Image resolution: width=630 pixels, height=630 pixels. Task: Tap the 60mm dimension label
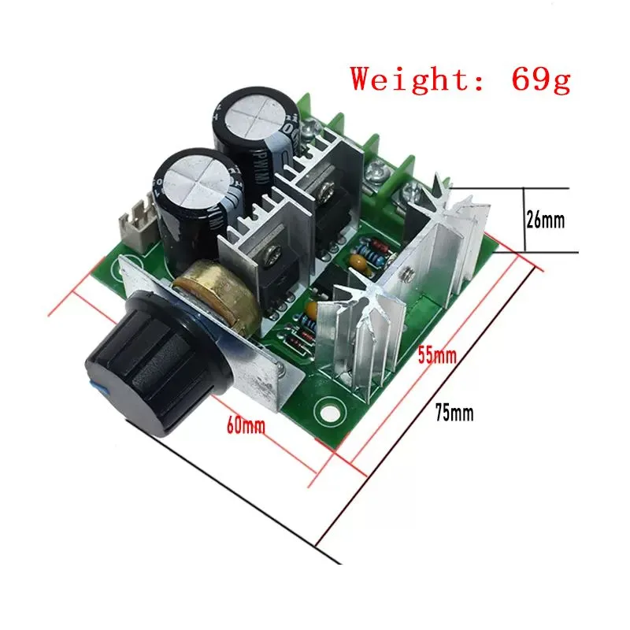[x=246, y=426]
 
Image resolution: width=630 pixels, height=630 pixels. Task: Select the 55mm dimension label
[x=437, y=355]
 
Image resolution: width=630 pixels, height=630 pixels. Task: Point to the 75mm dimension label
[x=454, y=412]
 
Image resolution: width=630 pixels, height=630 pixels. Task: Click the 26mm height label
[x=545, y=220]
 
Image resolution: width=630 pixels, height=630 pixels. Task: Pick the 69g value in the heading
[x=541, y=80]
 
